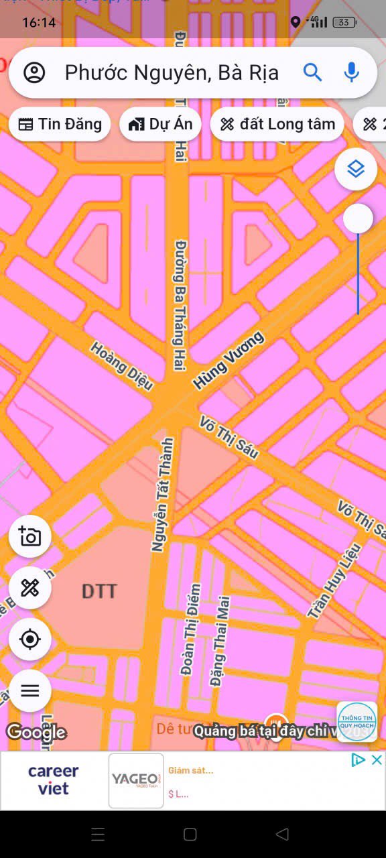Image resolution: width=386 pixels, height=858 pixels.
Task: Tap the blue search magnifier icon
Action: (312, 72)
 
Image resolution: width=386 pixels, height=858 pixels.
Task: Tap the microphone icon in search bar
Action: (351, 72)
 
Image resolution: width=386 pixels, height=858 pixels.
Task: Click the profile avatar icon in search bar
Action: (34, 72)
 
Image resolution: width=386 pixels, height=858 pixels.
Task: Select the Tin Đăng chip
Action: (60, 124)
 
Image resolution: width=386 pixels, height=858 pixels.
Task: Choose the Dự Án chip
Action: (160, 124)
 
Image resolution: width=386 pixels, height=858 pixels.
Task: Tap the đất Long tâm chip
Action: (277, 124)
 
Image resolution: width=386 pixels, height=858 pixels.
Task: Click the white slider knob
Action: (358, 219)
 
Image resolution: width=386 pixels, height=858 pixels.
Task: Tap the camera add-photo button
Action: (30, 536)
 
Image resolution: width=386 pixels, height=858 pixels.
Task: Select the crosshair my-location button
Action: (30, 639)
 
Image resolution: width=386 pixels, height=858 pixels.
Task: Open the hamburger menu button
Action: (30, 690)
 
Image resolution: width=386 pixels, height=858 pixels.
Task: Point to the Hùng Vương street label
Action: (229, 360)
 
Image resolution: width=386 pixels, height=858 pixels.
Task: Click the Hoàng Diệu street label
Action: (122, 366)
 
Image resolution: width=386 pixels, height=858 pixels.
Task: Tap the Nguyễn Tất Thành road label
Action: (162, 495)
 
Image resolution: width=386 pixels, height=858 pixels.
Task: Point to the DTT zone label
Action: (99, 591)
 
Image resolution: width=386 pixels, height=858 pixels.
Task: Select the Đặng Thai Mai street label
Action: (219, 641)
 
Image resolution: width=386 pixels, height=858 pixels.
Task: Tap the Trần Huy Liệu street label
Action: (334, 580)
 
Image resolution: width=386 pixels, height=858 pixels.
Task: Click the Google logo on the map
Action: (36, 732)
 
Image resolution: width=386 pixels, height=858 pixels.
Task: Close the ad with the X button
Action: (377, 759)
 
